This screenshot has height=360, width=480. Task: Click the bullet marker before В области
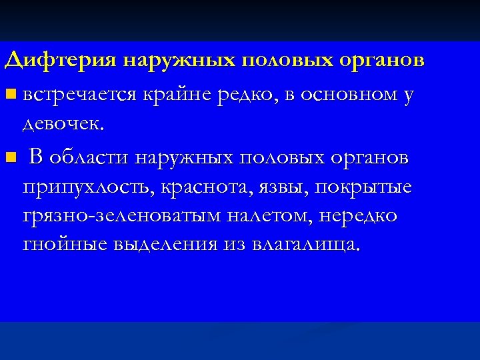click(x=9, y=159)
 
